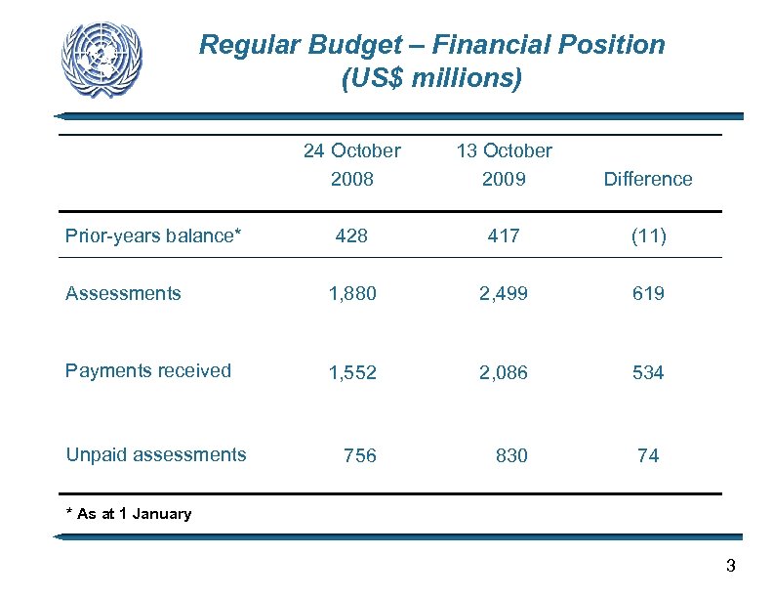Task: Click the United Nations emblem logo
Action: point(102,59)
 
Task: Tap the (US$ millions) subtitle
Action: point(432,78)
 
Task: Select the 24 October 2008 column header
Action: point(351,164)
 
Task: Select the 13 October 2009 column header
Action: point(504,164)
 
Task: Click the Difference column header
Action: point(648,179)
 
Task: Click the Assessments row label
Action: point(123,293)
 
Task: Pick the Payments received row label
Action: point(148,370)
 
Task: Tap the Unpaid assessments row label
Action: point(156,454)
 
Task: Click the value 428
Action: point(351,235)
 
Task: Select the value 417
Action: point(504,235)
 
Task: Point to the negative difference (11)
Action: point(648,235)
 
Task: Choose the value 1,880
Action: point(352,293)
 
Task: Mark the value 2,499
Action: point(505,293)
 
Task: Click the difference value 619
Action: point(648,293)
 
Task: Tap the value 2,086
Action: point(505,372)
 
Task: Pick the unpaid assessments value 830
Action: point(511,455)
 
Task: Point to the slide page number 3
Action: point(730,566)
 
